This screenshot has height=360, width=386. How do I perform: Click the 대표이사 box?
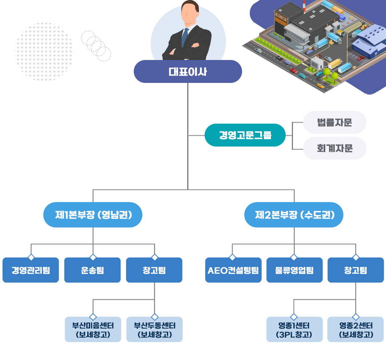point(188,72)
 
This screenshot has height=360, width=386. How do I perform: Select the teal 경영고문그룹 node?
point(245,135)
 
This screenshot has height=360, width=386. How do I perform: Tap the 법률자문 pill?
point(334,123)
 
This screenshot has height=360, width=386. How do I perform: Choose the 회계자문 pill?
point(334,148)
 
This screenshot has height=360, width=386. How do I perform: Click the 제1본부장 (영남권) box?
point(93,215)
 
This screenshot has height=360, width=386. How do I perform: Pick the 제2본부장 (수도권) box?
point(294,215)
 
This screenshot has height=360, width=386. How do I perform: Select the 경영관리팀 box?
point(31,270)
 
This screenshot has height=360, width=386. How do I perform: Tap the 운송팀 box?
point(92,270)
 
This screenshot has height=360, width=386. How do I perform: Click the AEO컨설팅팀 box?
point(233,270)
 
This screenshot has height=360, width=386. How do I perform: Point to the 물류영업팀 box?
point(294,270)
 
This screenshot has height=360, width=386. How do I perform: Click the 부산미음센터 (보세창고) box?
point(93,329)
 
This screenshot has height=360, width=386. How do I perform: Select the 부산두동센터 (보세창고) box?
point(154,329)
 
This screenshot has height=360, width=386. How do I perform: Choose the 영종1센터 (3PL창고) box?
point(294,329)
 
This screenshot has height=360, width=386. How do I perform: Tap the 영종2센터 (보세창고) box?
point(355,329)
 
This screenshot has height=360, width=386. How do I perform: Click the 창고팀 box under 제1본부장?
point(154,270)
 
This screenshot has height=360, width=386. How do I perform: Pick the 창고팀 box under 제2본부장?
point(355,270)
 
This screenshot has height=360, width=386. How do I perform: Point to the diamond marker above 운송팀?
point(93,257)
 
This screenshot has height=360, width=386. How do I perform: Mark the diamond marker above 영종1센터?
point(294,317)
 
